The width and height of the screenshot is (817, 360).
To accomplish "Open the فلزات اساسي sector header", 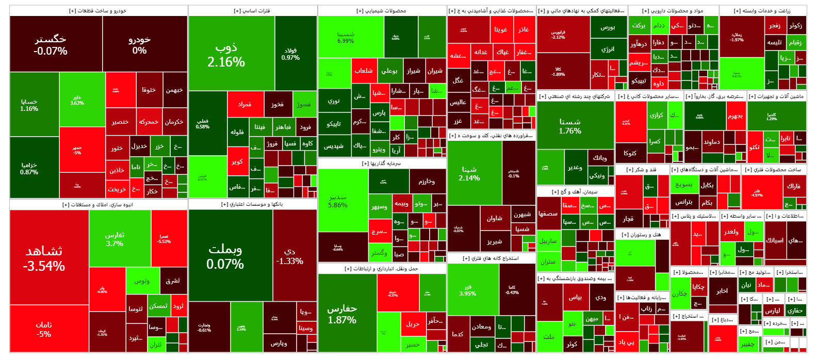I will tap(252, 10).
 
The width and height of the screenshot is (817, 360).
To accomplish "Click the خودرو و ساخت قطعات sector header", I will tap(98, 10).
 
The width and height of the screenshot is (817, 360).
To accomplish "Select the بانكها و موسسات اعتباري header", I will tap(252, 204).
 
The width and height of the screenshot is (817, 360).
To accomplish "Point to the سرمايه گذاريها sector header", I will tap(382, 163).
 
